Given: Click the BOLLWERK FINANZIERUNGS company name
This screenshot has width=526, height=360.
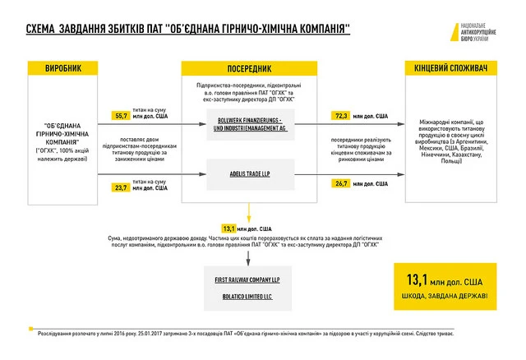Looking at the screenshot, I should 250,123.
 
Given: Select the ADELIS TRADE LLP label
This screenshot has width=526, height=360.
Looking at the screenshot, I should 250,173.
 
